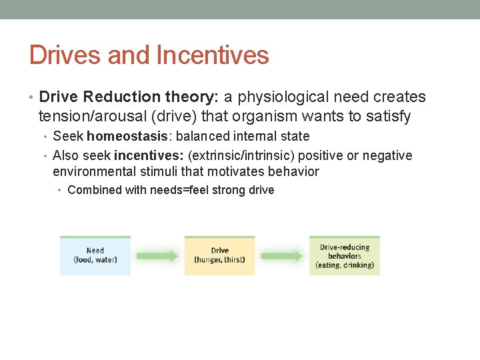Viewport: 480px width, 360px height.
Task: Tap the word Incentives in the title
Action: pos(213,55)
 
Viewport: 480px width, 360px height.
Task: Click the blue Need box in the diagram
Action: pos(95,255)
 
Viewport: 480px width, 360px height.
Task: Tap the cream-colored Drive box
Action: pos(219,255)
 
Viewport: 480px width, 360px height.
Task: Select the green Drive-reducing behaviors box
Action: pos(345,255)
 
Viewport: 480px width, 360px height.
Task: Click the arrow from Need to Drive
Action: pos(157,256)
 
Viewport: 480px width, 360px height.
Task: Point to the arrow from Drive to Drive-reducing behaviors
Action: pos(282,256)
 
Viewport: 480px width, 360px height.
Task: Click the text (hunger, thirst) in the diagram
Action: pos(219,260)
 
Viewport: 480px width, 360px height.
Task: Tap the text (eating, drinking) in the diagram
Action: pos(345,265)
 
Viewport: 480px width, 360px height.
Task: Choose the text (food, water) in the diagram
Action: pos(95,260)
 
